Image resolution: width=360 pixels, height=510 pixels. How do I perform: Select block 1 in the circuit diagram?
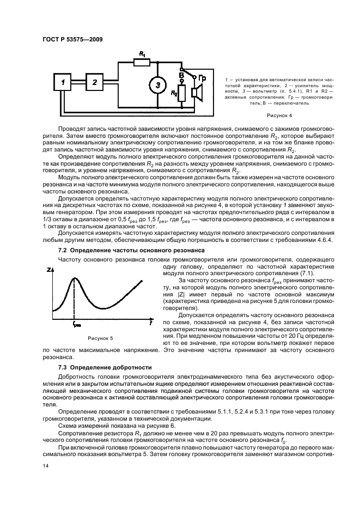(63, 83)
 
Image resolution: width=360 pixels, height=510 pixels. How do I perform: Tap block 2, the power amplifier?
(94, 82)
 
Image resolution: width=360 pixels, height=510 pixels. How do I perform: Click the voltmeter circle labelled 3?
(157, 85)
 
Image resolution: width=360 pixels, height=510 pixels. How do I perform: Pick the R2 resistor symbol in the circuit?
(181, 93)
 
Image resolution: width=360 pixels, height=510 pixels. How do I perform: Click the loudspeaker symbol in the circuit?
(197, 93)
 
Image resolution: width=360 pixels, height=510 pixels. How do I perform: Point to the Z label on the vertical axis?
(50, 269)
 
